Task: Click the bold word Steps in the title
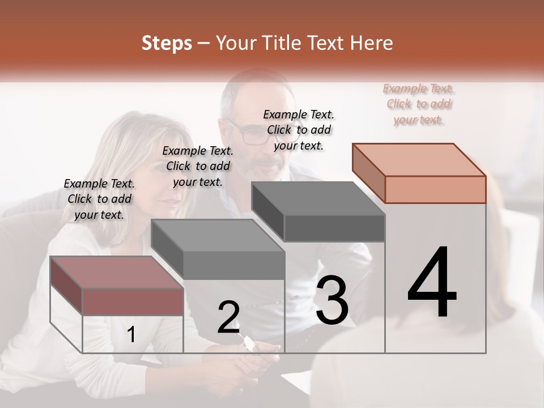(167, 43)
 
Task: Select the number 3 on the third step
(331, 300)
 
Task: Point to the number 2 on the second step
(228, 317)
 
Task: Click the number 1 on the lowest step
(131, 335)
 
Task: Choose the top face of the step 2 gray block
(218, 236)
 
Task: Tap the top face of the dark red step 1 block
(116, 273)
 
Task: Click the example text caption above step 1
(99, 199)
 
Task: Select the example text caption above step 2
(198, 166)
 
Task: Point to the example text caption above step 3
(299, 130)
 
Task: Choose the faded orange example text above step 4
(419, 104)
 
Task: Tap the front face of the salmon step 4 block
(435, 189)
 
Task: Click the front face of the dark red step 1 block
(133, 301)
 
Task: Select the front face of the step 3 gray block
(334, 228)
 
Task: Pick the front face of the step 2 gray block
(233, 265)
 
